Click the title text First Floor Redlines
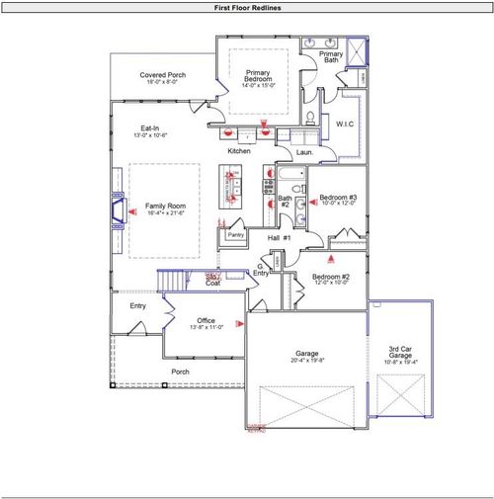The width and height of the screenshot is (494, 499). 247,7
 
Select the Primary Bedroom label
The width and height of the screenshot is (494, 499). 258,73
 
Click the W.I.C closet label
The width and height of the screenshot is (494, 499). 344,125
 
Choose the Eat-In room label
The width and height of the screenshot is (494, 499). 150,127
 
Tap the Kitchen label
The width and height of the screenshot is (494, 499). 239,151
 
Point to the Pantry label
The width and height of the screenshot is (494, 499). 235,235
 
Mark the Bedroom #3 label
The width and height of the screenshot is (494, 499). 337,198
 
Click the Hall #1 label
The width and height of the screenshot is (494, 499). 280,238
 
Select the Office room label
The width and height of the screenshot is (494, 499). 206,321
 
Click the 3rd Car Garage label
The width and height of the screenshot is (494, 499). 398,352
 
